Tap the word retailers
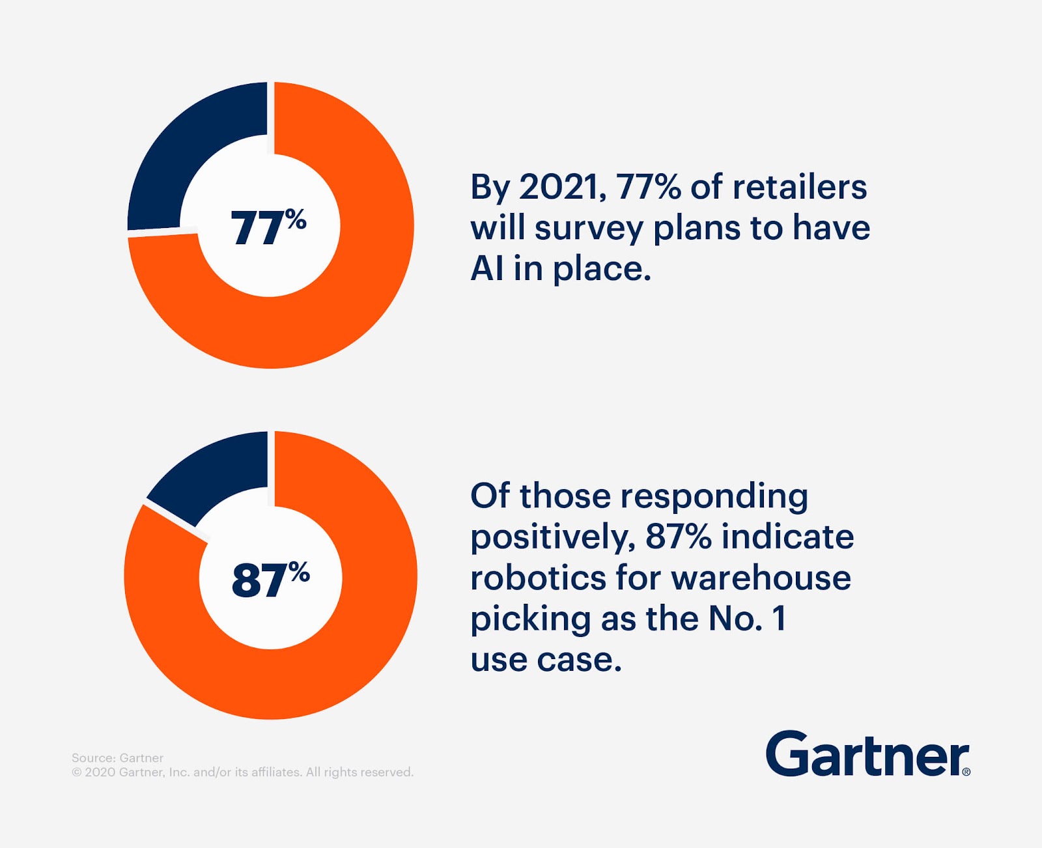pyautogui.click(x=800, y=187)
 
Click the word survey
pyautogui.click(x=589, y=229)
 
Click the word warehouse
pyautogui.click(x=761, y=578)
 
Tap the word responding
pyautogui.click(x=714, y=497)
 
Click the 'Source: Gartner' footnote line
pyautogui.click(x=117, y=758)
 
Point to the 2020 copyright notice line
pyautogui.click(x=242, y=772)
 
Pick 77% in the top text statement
pyautogui.click(x=649, y=187)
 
